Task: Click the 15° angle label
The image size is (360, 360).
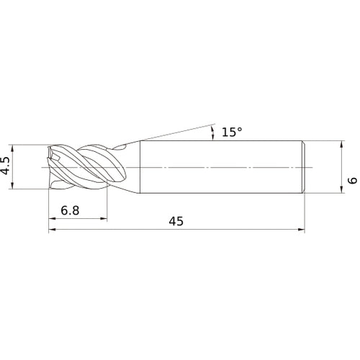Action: (232, 132)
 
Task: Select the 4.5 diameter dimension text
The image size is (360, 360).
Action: (6, 166)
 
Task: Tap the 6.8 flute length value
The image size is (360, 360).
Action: (70, 211)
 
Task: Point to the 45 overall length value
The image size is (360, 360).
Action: (176, 221)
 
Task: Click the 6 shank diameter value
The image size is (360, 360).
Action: (352, 180)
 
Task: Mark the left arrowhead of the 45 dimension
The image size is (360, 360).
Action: (52, 230)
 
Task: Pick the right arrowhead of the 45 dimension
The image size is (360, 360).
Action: (301, 230)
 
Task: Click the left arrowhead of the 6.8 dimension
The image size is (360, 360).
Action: (52, 218)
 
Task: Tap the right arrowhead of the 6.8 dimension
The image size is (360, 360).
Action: (104, 218)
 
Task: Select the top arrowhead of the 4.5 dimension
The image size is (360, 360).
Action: (12, 148)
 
